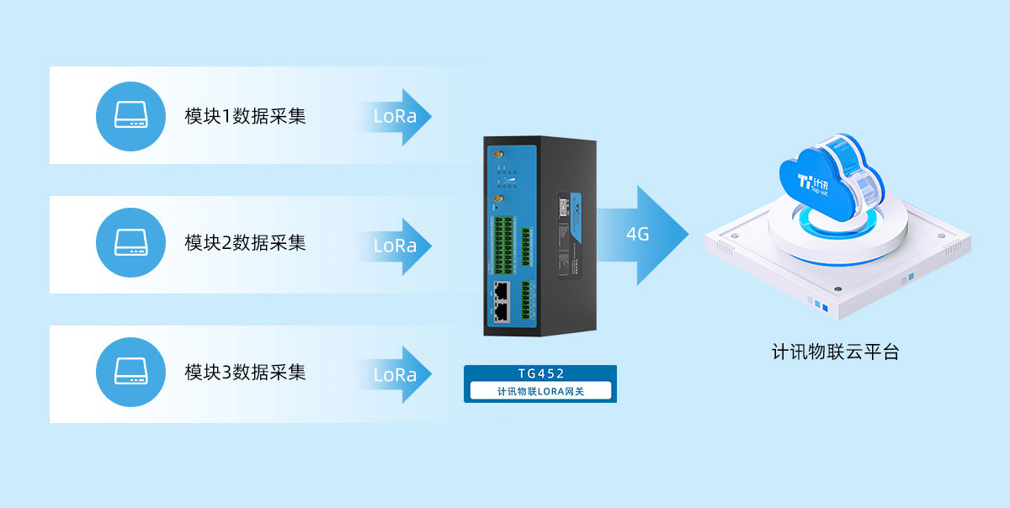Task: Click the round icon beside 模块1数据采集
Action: pos(130,116)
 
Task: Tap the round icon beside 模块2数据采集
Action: pos(130,244)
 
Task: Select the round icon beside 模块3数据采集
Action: pos(130,373)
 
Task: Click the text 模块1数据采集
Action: pos(245,116)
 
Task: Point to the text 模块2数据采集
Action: pos(245,244)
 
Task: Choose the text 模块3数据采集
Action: pos(245,373)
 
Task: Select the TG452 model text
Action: pos(540,373)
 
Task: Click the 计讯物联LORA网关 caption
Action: pos(540,391)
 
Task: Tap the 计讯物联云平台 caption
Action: pos(835,352)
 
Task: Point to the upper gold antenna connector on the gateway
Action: pos(497,156)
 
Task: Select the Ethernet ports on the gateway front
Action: pos(502,301)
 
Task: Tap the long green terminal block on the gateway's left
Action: pos(504,245)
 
